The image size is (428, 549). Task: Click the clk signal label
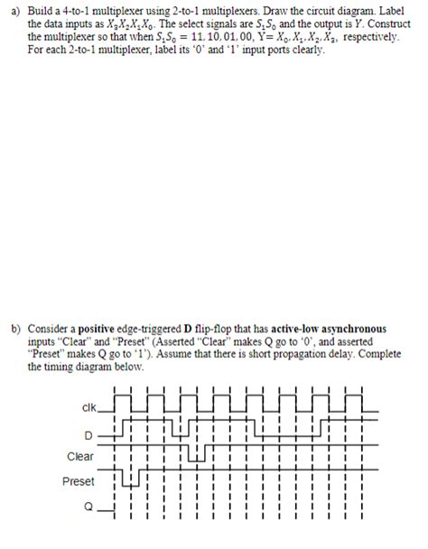[x=88, y=407]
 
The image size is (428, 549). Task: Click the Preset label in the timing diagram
[x=79, y=481]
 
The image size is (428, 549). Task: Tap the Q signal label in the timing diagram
[x=88, y=507]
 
